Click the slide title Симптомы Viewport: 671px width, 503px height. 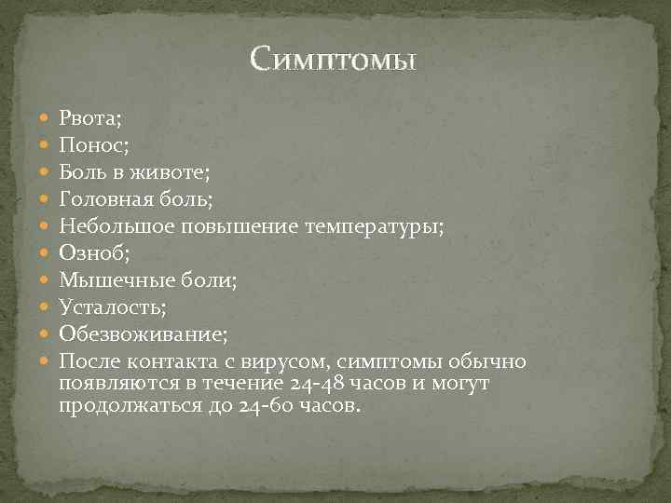334,61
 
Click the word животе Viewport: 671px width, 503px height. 173,171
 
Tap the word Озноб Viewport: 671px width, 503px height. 88,252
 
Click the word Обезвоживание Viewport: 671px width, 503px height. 140,333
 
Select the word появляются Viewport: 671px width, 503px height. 110,384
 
